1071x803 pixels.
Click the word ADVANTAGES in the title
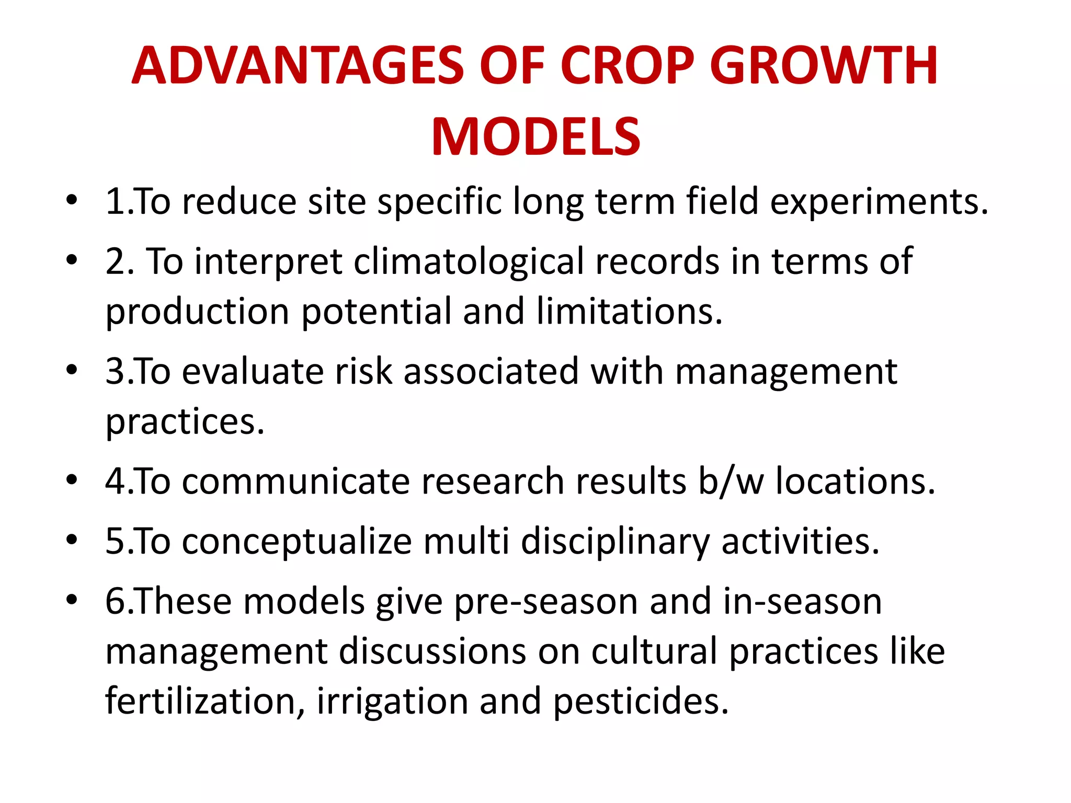coord(298,66)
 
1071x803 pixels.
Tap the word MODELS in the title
coord(535,137)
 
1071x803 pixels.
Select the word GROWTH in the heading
coord(824,66)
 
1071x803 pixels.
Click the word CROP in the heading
coord(628,66)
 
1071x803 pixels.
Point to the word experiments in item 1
coord(879,203)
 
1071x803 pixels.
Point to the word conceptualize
coord(297,542)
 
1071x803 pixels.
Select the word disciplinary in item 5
coord(615,542)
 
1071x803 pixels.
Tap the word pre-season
coord(546,602)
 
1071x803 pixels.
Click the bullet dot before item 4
coord(72,479)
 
